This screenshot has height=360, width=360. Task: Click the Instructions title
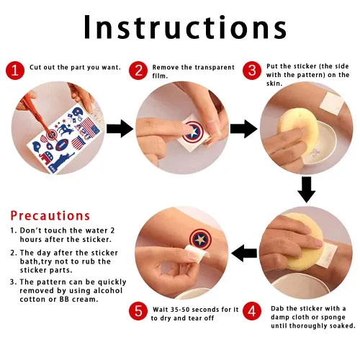[x=185, y=27]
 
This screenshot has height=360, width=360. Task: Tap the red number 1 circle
[x=15, y=71]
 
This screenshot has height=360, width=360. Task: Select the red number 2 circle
[x=138, y=71]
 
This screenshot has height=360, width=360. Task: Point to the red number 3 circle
[x=252, y=71]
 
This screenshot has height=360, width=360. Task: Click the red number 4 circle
[x=252, y=311]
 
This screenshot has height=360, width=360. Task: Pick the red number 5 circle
[x=138, y=311]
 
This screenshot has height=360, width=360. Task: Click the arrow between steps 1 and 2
[x=120, y=129]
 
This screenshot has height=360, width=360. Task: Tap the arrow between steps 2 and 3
[x=243, y=129]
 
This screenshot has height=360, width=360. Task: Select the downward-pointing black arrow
[x=307, y=190]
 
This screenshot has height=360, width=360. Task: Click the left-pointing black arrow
[x=244, y=253]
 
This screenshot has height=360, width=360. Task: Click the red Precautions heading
[x=50, y=215]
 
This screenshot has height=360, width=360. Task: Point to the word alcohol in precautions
[x=108, y=291]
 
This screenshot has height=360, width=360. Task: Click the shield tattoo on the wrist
[x=200, y=239]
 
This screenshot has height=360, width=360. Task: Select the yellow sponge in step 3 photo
[x=297, y=132]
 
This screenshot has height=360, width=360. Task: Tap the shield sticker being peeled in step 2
[x=193, y=132]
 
